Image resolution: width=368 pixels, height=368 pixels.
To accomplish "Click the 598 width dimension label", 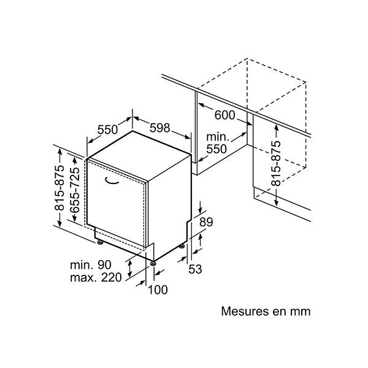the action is click(159, 128).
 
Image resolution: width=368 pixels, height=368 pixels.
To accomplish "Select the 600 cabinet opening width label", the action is click(224, 115).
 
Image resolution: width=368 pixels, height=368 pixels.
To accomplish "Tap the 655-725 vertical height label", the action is click(75, 190).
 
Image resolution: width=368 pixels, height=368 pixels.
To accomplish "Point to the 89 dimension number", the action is click(206, 222).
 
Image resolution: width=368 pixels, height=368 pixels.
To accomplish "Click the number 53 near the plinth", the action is click(195, 269).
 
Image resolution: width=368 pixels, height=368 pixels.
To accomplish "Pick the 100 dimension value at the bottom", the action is click(158, 289).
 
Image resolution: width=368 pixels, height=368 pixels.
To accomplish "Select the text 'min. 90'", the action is click(91, 265).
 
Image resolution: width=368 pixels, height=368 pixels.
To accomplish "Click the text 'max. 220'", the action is click(96, 277).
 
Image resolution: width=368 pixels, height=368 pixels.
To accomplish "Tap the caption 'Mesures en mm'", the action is click(266, 311).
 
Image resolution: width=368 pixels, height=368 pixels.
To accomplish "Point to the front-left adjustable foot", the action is click(100, 242).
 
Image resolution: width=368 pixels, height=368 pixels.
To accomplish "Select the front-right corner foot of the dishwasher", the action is click(153, 263).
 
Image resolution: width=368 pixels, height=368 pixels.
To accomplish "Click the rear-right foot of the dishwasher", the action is click(182, 246).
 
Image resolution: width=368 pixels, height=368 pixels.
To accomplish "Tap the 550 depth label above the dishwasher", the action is click(107, 129).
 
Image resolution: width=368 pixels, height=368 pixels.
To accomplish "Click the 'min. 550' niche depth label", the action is click(217, 143).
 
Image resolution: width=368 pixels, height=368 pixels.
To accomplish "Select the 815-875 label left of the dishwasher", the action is click(59, 188).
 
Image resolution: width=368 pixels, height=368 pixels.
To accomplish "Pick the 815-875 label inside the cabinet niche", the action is click(276, 163).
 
